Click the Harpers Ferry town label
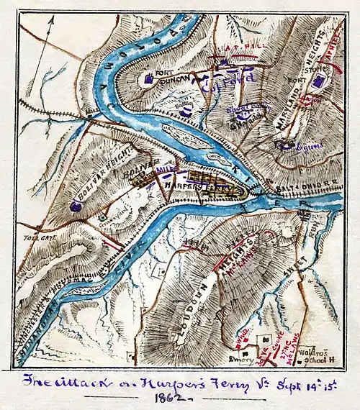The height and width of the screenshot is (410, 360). coord(208,186)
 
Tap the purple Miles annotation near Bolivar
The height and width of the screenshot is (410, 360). coord(166,169)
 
